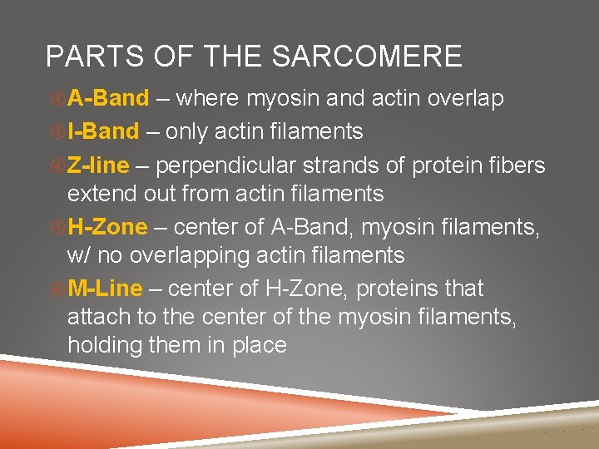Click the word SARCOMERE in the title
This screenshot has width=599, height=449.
(368, 57)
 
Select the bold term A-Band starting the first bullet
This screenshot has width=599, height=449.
(108, 98)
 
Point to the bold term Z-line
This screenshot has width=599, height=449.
(98, 165)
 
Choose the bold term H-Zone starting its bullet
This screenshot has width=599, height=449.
(107, 226)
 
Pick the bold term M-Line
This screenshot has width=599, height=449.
(106, 289)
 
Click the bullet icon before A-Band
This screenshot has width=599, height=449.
(57, 99)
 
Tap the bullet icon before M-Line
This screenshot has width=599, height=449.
(57, 289)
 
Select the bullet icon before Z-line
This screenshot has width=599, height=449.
(57, 166)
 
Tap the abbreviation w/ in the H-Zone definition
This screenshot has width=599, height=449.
(79, 256)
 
